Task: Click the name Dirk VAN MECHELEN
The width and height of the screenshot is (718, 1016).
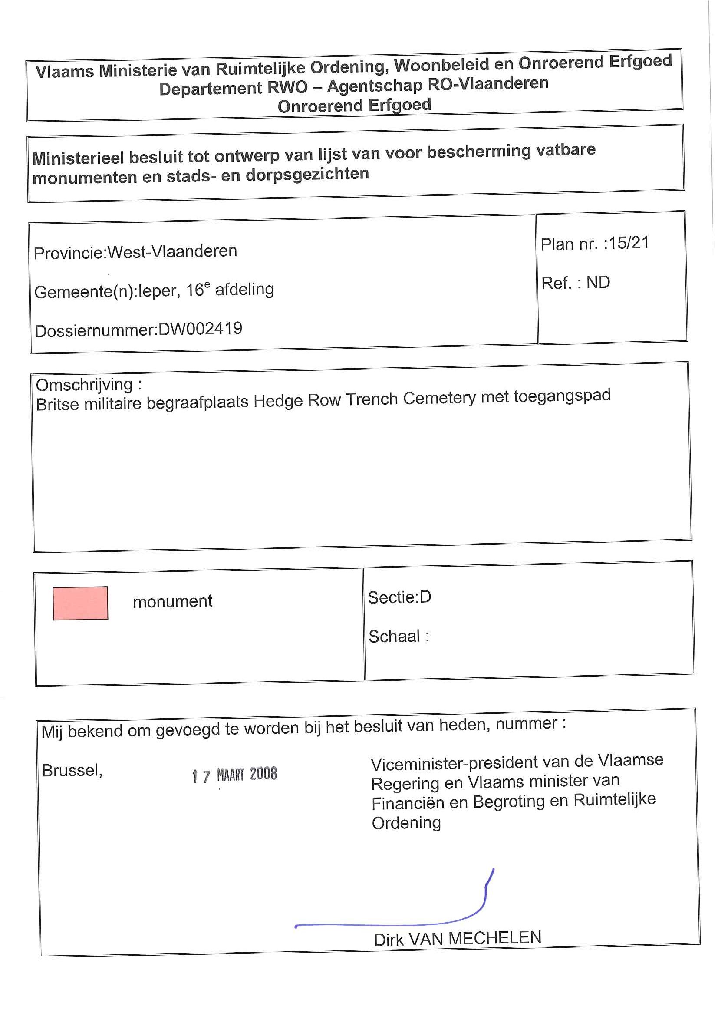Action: point(458,939)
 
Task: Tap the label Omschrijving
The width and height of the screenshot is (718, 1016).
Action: point(84,385)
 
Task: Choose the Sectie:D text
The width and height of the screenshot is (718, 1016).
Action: point(399,597)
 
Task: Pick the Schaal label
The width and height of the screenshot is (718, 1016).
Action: point(395,637)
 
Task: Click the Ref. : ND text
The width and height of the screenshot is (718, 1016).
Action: point(576,283)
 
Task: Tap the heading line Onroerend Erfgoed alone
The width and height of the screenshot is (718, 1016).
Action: point(354,106)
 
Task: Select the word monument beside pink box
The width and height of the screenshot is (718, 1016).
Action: point(172,601)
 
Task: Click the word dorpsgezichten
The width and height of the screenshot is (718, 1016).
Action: point(307,174)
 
